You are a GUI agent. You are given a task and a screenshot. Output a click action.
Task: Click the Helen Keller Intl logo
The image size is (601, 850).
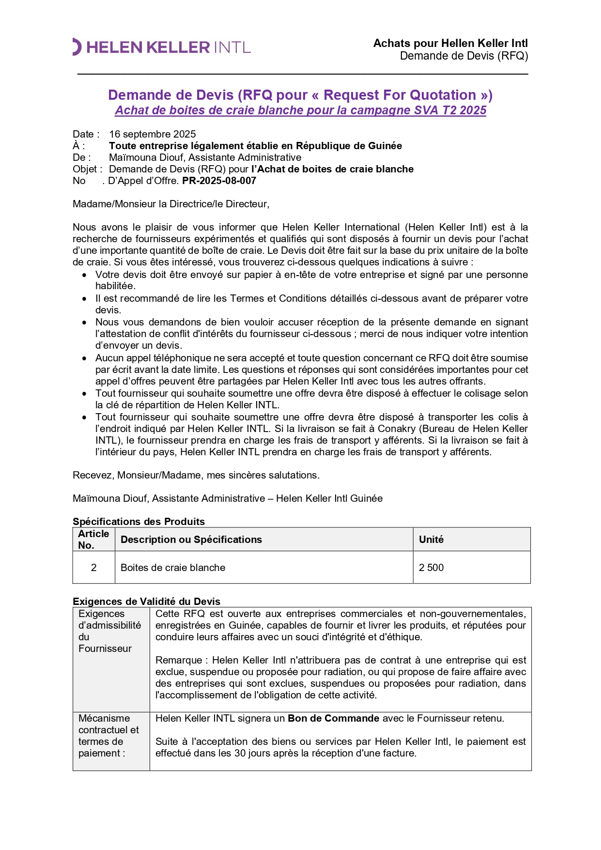pos(162,47)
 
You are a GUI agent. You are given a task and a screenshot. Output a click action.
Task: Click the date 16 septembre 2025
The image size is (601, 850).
pos(152,134)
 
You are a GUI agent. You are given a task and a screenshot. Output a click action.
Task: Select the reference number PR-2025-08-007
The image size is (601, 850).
pos(219,181)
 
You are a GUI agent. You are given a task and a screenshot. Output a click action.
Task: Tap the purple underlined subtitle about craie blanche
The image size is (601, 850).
pos(300,110)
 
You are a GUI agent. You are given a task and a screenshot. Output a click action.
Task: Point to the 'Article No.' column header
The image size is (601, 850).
pos(93,539)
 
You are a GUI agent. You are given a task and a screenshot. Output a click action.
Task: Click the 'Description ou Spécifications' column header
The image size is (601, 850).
pos(191,540)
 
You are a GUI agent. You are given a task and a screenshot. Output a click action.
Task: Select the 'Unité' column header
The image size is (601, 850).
pos(431,540)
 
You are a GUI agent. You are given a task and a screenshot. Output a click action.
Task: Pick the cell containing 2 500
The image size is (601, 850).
pos(431,568)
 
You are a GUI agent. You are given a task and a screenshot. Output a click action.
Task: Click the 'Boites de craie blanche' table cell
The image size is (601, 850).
pos(173,568)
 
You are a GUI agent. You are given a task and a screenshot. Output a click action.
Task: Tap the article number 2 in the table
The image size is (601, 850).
pos(93,568)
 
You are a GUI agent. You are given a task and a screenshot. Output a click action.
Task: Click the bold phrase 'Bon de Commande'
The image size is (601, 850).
pos(333,718)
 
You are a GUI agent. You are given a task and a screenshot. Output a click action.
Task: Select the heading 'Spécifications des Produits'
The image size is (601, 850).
pos(139,522)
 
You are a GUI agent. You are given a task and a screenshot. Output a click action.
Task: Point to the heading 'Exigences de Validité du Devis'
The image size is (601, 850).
pos(146,602)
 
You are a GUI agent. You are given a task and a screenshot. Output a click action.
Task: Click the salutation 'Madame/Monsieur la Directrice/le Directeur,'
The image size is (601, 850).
pos(171,204)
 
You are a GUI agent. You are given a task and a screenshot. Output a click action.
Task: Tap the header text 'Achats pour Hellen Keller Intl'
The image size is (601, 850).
pos(450,44)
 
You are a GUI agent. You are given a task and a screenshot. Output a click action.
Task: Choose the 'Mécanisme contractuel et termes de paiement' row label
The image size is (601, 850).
pos(108,736)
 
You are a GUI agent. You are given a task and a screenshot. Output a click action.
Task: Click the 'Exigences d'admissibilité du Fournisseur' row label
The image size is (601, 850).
pos(109,631)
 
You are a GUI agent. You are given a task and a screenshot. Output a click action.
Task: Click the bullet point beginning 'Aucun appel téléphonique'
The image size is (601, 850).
pos(311,370)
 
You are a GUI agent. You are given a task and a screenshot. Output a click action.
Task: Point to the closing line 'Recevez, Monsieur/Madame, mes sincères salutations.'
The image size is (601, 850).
pos(196,475)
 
